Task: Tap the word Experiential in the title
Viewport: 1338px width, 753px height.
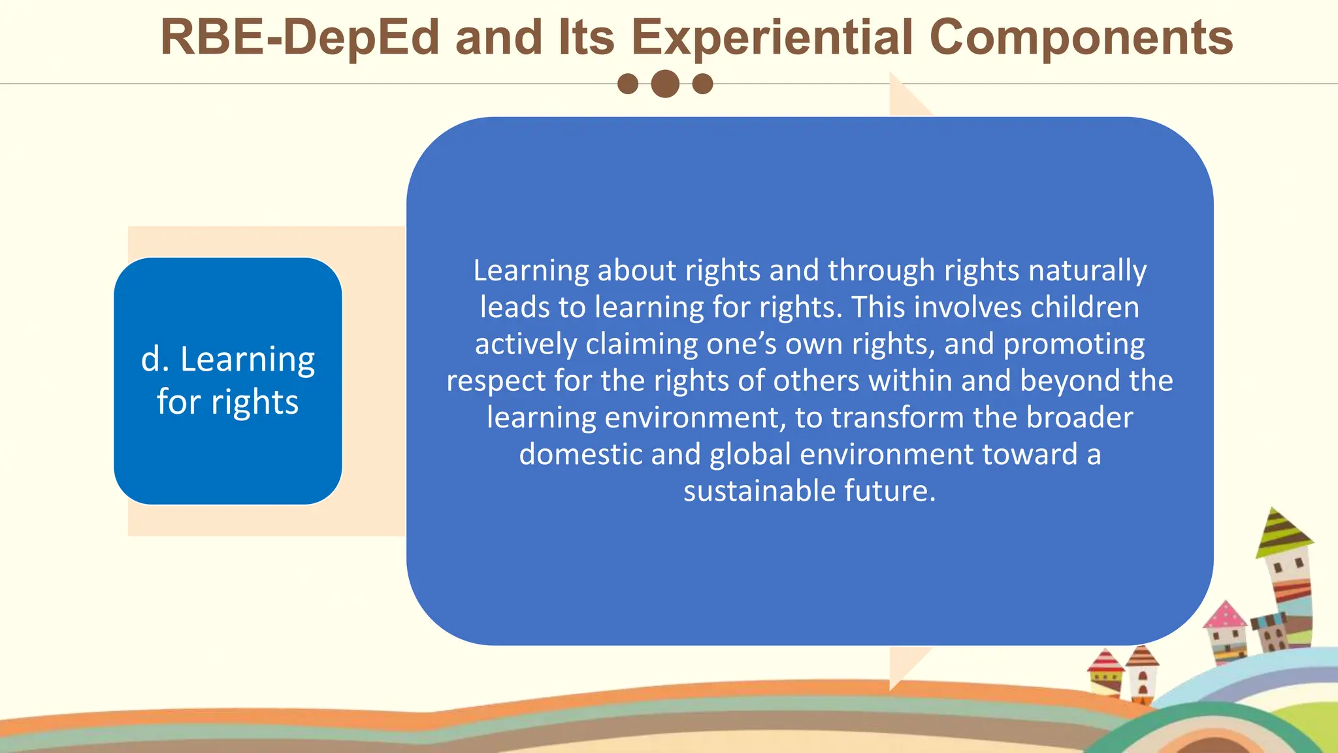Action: pyautogui.click(x=772, y=37)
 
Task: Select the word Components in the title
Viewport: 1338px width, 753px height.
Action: pyautogui.click(x=1081, y=37)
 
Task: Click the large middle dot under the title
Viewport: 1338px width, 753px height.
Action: pyautogui.click(x=665, y=84)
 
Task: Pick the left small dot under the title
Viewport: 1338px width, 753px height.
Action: pyautogui.click(x=628, y=84)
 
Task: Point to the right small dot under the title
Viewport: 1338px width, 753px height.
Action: pyautogui.click(x=702, y=84)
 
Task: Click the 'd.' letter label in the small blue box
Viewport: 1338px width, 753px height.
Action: pyautogui.click(x=155, y=360)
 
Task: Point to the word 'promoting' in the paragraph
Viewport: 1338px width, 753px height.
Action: pyautogui.click(x=1074, y=344)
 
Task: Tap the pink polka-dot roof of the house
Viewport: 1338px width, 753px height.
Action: pyautogui.click(x=1225, y=616)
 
